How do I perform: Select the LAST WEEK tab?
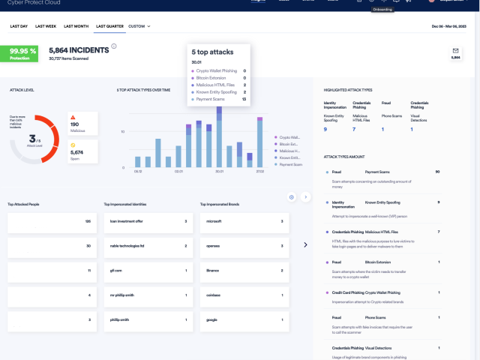click(x=46, y=26)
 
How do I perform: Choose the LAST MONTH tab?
click(x=76, y=26)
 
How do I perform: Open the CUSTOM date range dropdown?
click(x=139, y=26)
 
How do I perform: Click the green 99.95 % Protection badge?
click(x=23, y=54)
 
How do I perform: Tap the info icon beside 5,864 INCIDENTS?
click(x=114, y=46)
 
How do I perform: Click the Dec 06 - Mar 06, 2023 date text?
click(x=448, y=26)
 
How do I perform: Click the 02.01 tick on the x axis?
click(x=178, y=171)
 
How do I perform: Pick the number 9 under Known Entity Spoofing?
click(x=325, y=129)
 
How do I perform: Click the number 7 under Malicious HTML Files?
click(x=354, y=129)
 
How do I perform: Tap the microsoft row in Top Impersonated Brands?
click(x=243, y=222)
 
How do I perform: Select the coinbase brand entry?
click(x=243, y=295)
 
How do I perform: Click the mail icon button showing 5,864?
click(x=455, y=53)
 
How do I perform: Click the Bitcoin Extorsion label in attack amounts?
click(x=378, y=262)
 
